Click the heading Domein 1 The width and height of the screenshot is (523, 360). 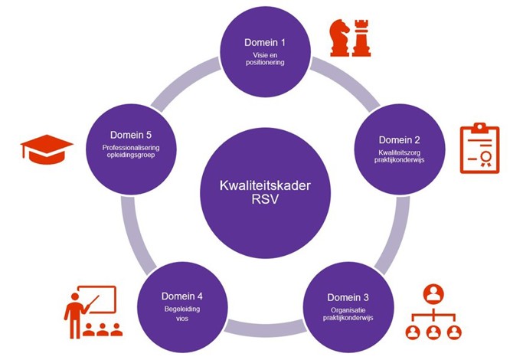tap(265, 42)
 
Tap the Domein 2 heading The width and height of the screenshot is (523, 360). tap(399, 140)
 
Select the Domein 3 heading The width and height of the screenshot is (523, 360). tap(348, 297)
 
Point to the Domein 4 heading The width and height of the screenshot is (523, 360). tap(181, 296)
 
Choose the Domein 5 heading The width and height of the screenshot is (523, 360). tap(131, 135)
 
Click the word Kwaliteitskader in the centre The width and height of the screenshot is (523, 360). tap(265, 185)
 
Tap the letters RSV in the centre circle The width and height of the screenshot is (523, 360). tap(265, 199)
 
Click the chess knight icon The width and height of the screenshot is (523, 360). tap(339, 38)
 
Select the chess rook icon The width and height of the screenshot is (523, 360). tap(361, 38)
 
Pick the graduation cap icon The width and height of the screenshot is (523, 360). tap(47, 149)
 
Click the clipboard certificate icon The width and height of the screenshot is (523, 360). tap(479, 148)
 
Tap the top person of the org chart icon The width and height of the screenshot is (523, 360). tap(433, 294)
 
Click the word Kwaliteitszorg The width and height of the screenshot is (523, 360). tap(399, 152)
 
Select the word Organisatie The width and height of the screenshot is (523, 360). tap(348, 310)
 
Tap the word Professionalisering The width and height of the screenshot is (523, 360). tap(131, 148)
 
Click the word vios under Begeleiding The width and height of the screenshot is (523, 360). tap(182, 319)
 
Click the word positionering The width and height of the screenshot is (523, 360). tap(265, 62)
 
